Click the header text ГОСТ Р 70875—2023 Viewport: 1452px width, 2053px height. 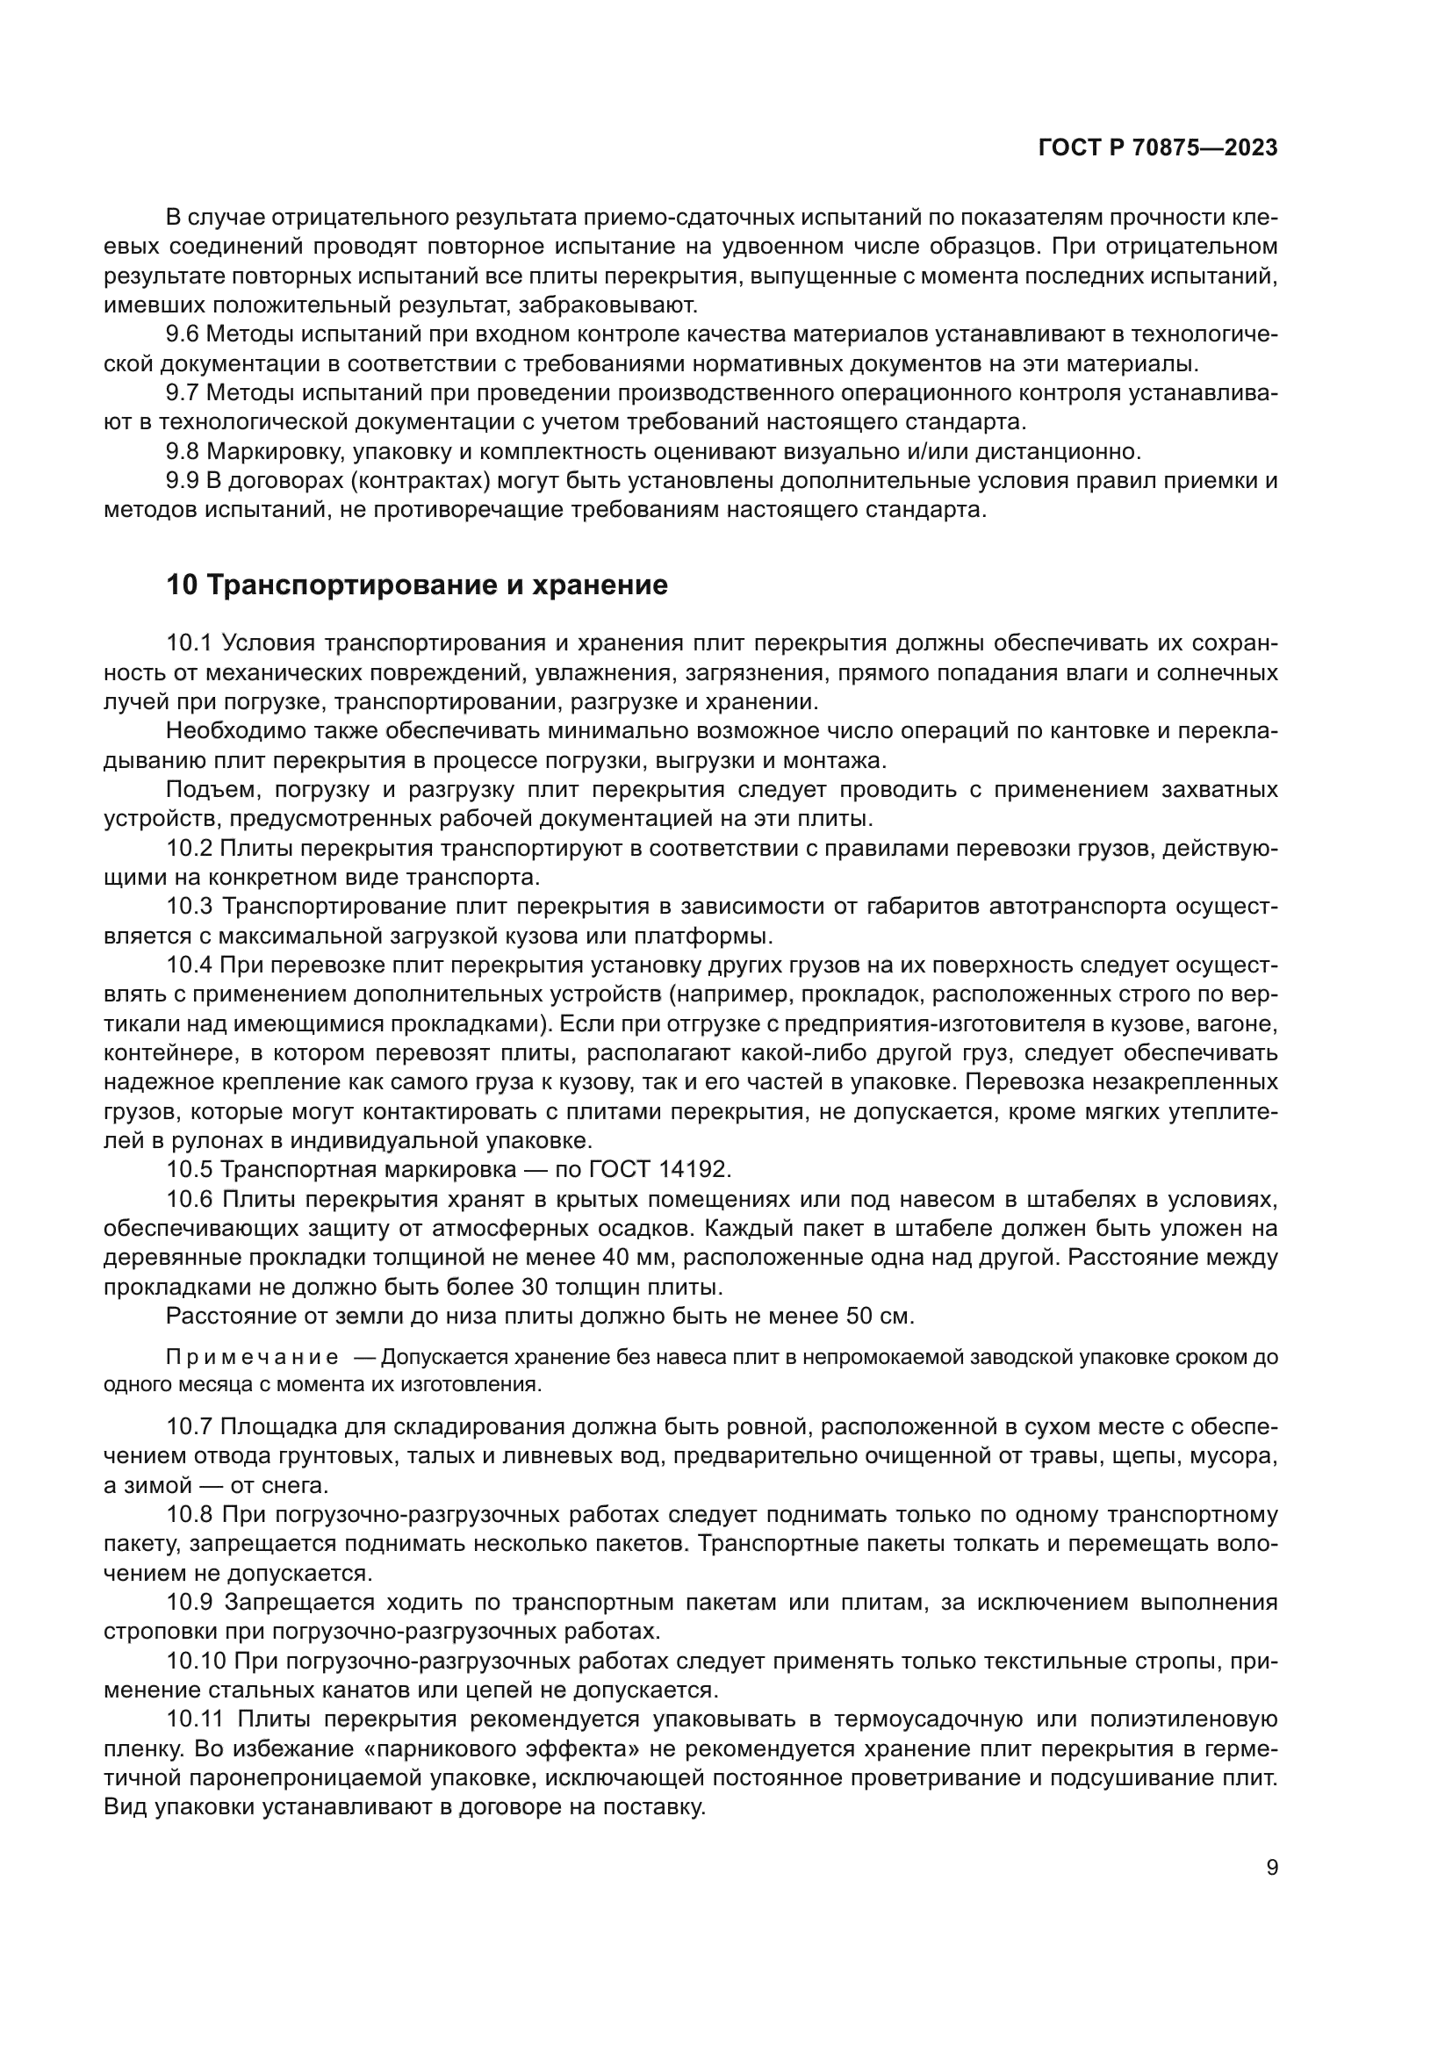(1157, 148)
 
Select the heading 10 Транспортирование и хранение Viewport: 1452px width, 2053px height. (417, 585)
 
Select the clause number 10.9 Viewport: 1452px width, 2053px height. (189, 1603)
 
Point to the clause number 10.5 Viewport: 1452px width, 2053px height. (189, 1169)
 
